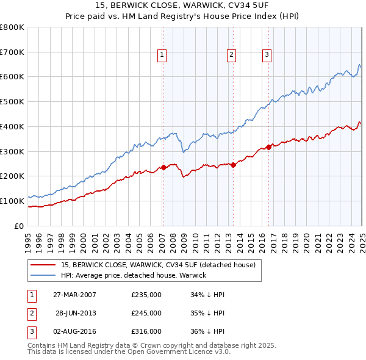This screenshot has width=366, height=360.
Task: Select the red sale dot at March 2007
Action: (x=163, y=167)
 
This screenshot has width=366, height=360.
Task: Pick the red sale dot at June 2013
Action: (x=233, y=165)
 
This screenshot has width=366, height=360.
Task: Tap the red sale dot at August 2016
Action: (x=269, y=147)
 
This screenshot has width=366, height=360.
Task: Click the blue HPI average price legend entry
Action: (x=134, y=275)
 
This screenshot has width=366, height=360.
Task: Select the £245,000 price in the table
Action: (x=146, y=313)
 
